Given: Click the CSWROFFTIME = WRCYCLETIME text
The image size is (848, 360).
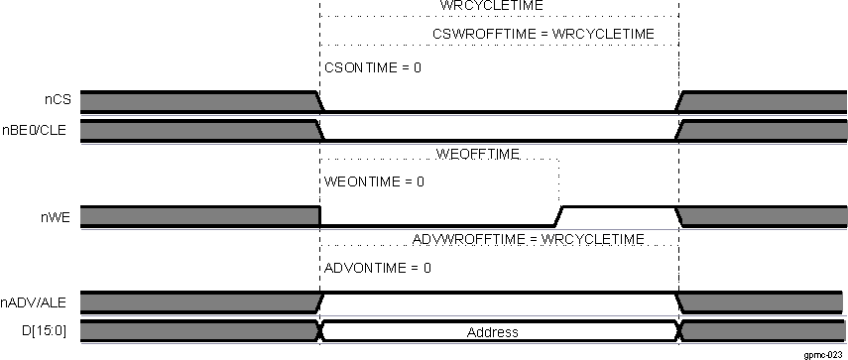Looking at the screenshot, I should [544, 35].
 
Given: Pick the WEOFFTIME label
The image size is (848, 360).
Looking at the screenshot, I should [478, 154].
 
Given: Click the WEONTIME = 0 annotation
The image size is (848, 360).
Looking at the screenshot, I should [375, 182].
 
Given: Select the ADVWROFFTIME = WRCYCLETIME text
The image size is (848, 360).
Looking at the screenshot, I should [527, 240].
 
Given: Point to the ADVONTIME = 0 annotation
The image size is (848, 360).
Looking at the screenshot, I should [378, 269].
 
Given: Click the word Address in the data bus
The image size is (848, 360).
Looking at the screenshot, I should [493, 332].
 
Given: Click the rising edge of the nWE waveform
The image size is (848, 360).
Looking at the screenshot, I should [558, 215].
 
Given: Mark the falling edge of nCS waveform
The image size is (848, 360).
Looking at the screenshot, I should [319, 101].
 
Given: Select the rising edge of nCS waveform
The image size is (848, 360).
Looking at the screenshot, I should [678, 101].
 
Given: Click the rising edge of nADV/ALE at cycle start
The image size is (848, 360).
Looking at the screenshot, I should [319, 301].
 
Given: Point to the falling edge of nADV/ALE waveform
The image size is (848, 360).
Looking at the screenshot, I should [678, 301].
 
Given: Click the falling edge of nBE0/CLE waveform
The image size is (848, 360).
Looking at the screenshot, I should [319, 131].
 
